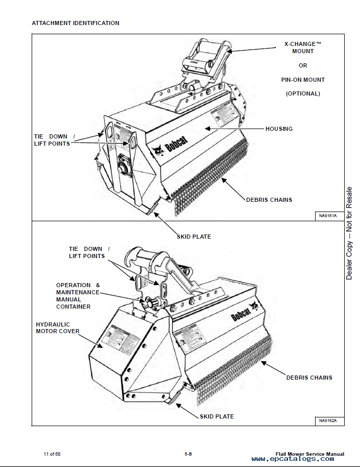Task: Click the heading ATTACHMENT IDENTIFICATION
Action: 76,23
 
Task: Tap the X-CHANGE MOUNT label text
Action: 303,48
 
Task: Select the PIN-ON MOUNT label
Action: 303,80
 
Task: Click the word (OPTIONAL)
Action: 303,94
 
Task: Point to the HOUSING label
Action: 279,129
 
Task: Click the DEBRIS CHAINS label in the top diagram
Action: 269,199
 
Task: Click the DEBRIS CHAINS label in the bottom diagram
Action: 309,378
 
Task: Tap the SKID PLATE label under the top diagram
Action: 194,237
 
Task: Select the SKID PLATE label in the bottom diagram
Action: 217,416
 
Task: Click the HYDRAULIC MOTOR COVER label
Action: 58,328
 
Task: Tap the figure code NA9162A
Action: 328,421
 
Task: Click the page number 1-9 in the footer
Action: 188,454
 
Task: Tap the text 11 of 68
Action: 53,454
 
